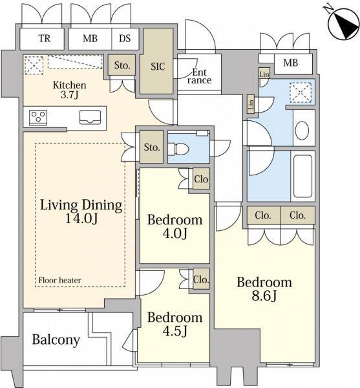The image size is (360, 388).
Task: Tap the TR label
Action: click(45, 38)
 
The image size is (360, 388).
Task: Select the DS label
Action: click(125, 38)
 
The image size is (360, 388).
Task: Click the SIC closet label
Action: click(158, 67)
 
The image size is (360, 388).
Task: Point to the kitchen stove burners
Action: click(38, 117)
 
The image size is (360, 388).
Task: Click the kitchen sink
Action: click(90, 117)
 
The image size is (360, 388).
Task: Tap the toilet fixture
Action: click(178, 149)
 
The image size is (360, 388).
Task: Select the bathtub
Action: click(302, 176)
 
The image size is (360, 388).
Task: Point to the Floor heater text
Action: click(59, 280)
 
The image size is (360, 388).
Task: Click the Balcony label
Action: click(56, 340)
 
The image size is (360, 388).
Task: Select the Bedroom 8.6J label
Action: click(264, 289)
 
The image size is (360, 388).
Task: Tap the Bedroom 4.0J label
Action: click(175, 226)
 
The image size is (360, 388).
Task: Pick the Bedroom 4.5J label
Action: click(175, 324)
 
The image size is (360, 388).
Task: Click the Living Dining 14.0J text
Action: click(81, 211)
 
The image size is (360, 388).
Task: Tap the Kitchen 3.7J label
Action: click(69, 90)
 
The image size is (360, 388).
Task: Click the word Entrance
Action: click(199, 76)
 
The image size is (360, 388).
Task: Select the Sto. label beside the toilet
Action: click(152, 147)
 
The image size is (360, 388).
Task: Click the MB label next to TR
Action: click(90, 38)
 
